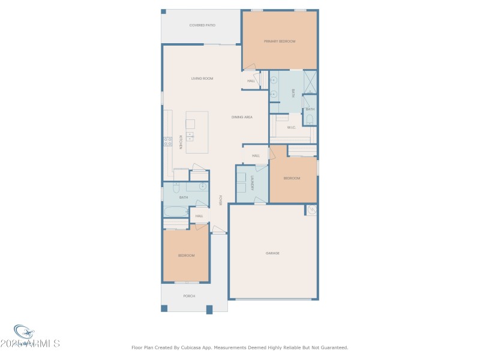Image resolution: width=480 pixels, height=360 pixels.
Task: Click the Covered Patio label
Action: click(202, 25)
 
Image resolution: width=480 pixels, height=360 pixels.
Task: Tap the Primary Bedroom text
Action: click(280, 41)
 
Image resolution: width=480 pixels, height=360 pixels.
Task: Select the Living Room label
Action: click(202, 79)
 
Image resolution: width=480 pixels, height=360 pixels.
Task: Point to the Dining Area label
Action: click(242, 117)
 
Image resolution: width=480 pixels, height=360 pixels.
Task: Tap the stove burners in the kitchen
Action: click(167, 142)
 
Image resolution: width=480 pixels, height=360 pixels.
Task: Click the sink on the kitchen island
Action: click(190, 136)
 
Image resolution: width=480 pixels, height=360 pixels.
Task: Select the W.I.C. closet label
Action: click(291, 127)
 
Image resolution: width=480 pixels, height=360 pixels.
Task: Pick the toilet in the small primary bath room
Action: click(310, 119)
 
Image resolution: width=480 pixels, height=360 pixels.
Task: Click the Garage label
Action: click(272, 253)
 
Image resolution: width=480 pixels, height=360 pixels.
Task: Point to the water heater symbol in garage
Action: click(311, 210)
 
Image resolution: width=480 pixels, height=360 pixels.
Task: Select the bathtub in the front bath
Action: click(175, 212)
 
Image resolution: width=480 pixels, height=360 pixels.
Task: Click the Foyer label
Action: click(220, 200)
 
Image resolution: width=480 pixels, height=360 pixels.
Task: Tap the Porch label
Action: click(189, 296)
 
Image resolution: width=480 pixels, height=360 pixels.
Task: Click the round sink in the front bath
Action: click(203, 186)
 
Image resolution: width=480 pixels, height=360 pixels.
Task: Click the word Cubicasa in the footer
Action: click(207, 347)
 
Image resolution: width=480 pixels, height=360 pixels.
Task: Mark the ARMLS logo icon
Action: click(24, 332)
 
